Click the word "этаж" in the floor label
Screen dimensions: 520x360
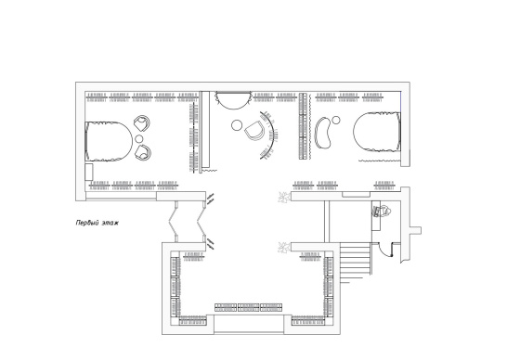point(110,223)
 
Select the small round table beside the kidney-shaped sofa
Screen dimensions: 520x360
point(336,120)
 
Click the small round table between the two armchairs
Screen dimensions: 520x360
point(139,138)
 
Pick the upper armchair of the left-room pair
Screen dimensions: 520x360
point(142,123)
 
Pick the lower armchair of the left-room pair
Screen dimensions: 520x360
point(143,152)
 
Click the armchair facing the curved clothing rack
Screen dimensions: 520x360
point(254,130)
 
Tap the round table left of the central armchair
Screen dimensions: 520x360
point(237,125)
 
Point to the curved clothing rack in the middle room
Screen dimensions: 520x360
point(272,135)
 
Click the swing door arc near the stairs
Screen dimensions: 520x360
point(384,253)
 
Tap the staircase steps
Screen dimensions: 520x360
point(355,262)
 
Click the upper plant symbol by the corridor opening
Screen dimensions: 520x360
point(283,197)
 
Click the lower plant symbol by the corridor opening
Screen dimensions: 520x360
point(283,248)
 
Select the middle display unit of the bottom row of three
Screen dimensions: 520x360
point(249,307)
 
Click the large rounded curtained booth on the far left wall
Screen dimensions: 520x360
point(109,141)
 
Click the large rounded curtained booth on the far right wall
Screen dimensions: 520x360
point(377,132)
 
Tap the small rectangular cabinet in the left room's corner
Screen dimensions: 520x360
point(89,172)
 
